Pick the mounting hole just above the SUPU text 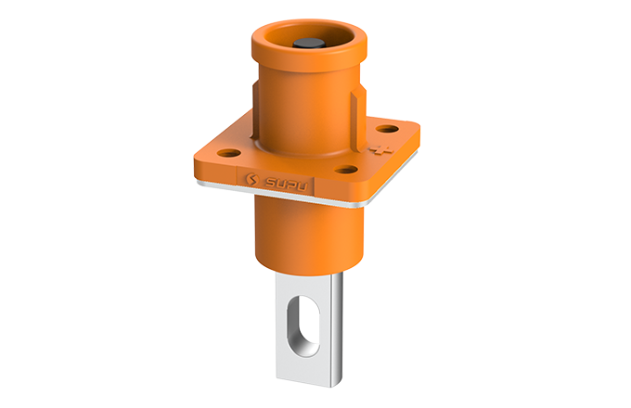tap(345, 170)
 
